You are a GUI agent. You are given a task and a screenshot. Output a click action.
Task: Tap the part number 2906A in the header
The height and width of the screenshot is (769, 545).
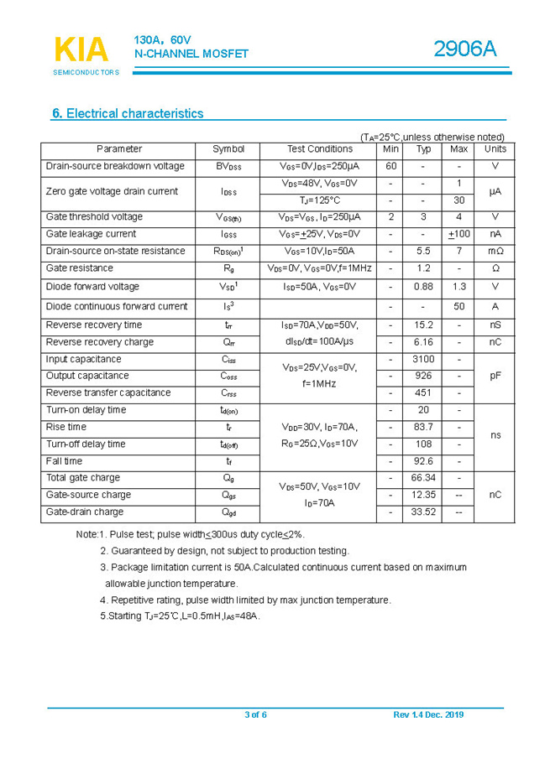tap(464, 49)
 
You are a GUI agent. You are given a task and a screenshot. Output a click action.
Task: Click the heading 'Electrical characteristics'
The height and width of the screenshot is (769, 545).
tap(128, 113)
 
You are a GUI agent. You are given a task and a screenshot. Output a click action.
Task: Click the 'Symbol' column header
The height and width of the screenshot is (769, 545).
tap(228, 149)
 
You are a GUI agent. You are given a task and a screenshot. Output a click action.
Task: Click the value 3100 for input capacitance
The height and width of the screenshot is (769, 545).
tap(423, 359)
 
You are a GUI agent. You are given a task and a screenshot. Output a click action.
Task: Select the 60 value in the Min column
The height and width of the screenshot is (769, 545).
tap(390, 166)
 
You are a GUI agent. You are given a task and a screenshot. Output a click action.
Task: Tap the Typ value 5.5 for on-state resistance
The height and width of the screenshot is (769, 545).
tap(423, 251)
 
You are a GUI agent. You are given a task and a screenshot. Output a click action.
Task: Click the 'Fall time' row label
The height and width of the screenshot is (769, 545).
tap(64, 461)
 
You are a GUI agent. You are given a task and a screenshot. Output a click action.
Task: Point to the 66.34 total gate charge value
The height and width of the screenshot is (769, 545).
tap(423, 478)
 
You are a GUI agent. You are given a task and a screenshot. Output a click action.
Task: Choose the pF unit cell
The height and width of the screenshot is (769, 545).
tap(495, 376)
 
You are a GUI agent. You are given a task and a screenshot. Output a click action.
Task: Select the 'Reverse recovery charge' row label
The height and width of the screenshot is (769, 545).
tap(99, 342)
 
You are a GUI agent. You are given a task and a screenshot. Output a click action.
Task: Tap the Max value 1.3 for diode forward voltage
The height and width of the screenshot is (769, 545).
tap(459, 287)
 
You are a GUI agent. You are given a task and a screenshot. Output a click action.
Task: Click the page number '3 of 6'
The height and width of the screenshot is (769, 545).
tap(255, 714)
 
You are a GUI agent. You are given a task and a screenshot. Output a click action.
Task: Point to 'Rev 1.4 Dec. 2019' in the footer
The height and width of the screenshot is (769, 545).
tap(428, 714)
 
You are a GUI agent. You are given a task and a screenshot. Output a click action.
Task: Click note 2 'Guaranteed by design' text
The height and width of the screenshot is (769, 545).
tap(224, 551)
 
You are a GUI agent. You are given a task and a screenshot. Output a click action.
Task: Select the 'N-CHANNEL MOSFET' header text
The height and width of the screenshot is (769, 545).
tap(191, 54)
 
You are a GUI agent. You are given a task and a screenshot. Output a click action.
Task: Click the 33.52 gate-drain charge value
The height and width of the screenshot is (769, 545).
tap(423, 512)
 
